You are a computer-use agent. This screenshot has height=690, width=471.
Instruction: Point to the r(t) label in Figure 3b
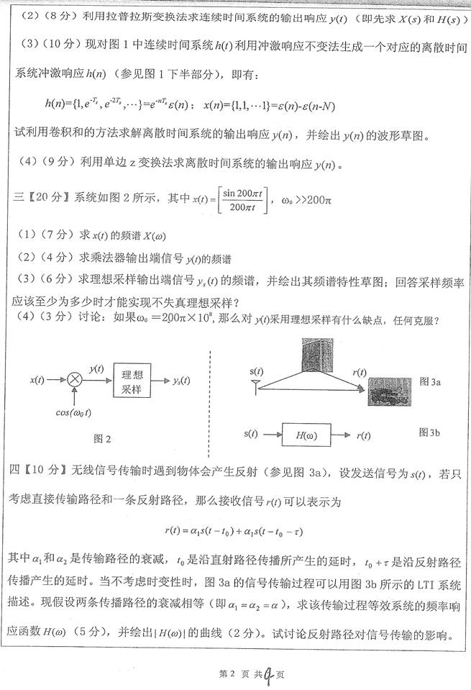(x=364, y=435)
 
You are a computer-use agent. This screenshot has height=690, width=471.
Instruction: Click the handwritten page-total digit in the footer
(x=267, y=673)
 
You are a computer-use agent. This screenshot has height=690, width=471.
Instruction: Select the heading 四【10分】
(x=40, y=471)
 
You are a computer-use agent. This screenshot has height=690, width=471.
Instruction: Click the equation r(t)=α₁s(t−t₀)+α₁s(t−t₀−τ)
(x=234, y=530)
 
